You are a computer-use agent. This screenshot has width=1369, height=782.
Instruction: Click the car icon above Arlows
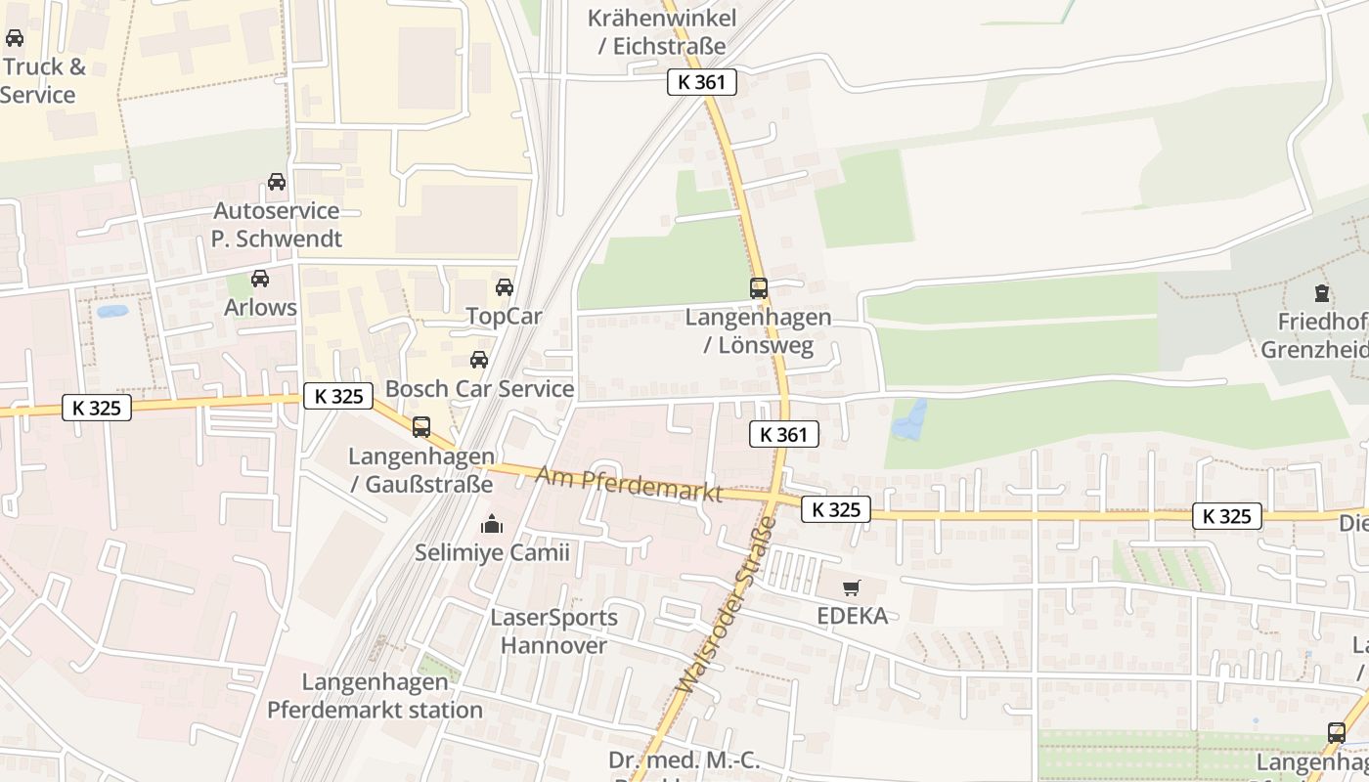[x=260, y=279]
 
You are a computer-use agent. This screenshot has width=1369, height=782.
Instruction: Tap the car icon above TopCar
[x=505, y=287]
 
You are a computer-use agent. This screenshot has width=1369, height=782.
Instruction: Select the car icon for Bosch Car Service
[x=479, y=360]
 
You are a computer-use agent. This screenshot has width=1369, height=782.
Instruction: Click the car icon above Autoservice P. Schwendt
[x=277, y=182]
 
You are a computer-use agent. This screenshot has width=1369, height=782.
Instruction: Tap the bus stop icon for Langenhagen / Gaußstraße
[x=421, y=427]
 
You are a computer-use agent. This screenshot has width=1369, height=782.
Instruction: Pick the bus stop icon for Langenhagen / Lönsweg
[x=759, y=288]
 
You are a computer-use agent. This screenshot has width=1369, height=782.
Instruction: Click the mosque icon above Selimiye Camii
[x=491, y=525]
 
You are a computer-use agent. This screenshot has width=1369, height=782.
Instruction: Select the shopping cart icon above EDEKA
[x=852, y=587]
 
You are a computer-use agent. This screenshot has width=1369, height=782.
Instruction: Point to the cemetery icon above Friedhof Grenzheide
[x=1322, y=292]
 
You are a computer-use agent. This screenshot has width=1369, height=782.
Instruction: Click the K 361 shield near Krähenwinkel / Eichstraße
[x=701, y=82]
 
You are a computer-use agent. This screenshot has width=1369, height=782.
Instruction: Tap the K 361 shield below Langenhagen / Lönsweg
[x=783, y=434]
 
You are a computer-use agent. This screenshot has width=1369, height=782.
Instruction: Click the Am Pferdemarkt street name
[x=630, y=485]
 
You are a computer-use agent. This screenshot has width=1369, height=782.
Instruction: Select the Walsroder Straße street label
[x=727, y=606]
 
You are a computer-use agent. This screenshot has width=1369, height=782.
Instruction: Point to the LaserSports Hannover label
[x=553, y=631]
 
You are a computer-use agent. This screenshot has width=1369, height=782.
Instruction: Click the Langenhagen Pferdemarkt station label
[x=375, y=696]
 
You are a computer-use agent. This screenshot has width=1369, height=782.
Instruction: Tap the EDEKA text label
[x=853, y=616]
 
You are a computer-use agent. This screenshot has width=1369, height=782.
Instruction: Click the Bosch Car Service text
[x=479, y=389]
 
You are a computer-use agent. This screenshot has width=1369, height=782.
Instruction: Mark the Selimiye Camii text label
[x=492, y=553]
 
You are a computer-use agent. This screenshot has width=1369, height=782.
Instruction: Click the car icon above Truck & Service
[x=15, y=38]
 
